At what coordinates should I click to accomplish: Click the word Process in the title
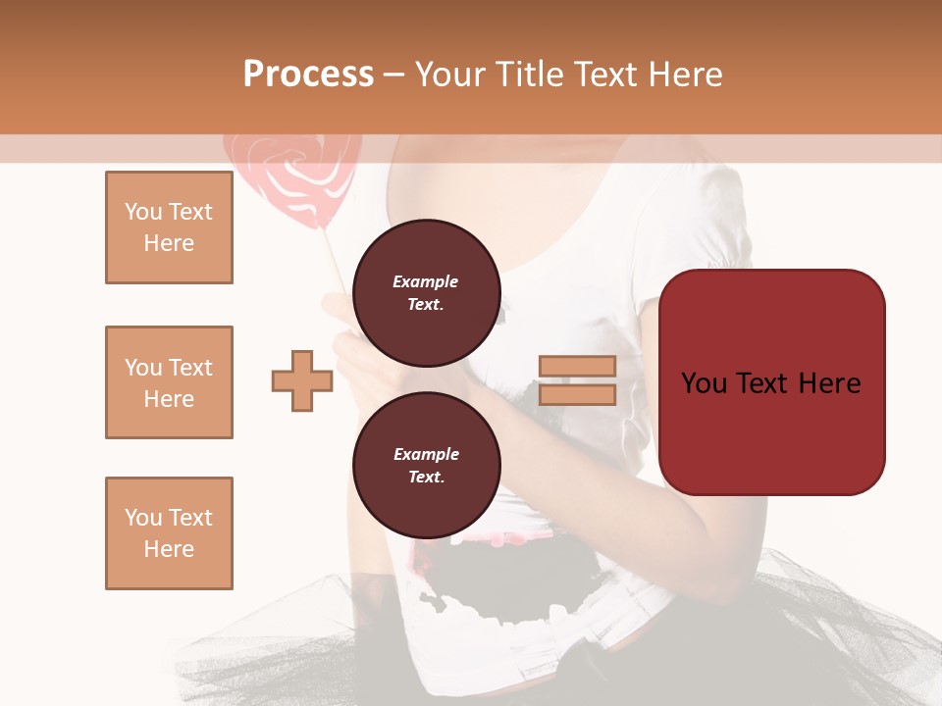tap(308, 75)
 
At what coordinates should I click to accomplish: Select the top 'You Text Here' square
tap(169, 227)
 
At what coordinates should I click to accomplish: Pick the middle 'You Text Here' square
tap(169, 382)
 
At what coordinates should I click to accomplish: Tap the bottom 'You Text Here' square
tap(169, 532)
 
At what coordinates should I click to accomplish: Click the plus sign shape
tap(302, 380)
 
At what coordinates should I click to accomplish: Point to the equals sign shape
tap(577, 380)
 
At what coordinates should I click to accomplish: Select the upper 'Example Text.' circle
tap(426, 292)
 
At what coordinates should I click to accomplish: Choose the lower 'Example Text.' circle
tap(426, 465)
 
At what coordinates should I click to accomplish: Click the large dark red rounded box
tap(771, 382)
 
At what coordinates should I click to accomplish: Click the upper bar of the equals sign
tap(577, 367)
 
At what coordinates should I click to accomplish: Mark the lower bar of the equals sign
tap(577, 394)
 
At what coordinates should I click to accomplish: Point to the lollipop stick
tap(334, 260)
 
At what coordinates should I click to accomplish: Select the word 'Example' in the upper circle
tap(426, 281)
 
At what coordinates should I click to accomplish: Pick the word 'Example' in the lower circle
tap(426, 454)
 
